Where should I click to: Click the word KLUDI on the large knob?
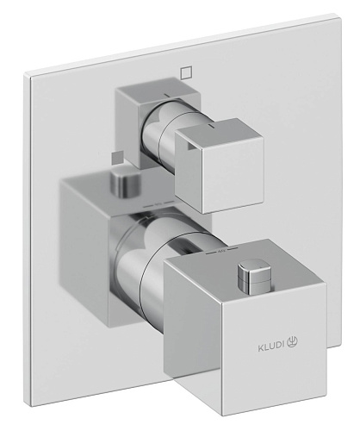click(x=271, y=348)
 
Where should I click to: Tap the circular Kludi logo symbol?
click(x=292, y=342)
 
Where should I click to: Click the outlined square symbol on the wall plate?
click(x=186, y=72)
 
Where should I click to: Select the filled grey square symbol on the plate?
click(x=117, y=157)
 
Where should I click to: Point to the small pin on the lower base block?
click(x=126, y=184)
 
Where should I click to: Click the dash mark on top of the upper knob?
click(x=211, y=126)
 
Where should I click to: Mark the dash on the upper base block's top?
click(x=166, y=94)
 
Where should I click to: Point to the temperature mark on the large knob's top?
click(x=222, y=251)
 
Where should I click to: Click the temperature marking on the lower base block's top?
click(x=158, y=204)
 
